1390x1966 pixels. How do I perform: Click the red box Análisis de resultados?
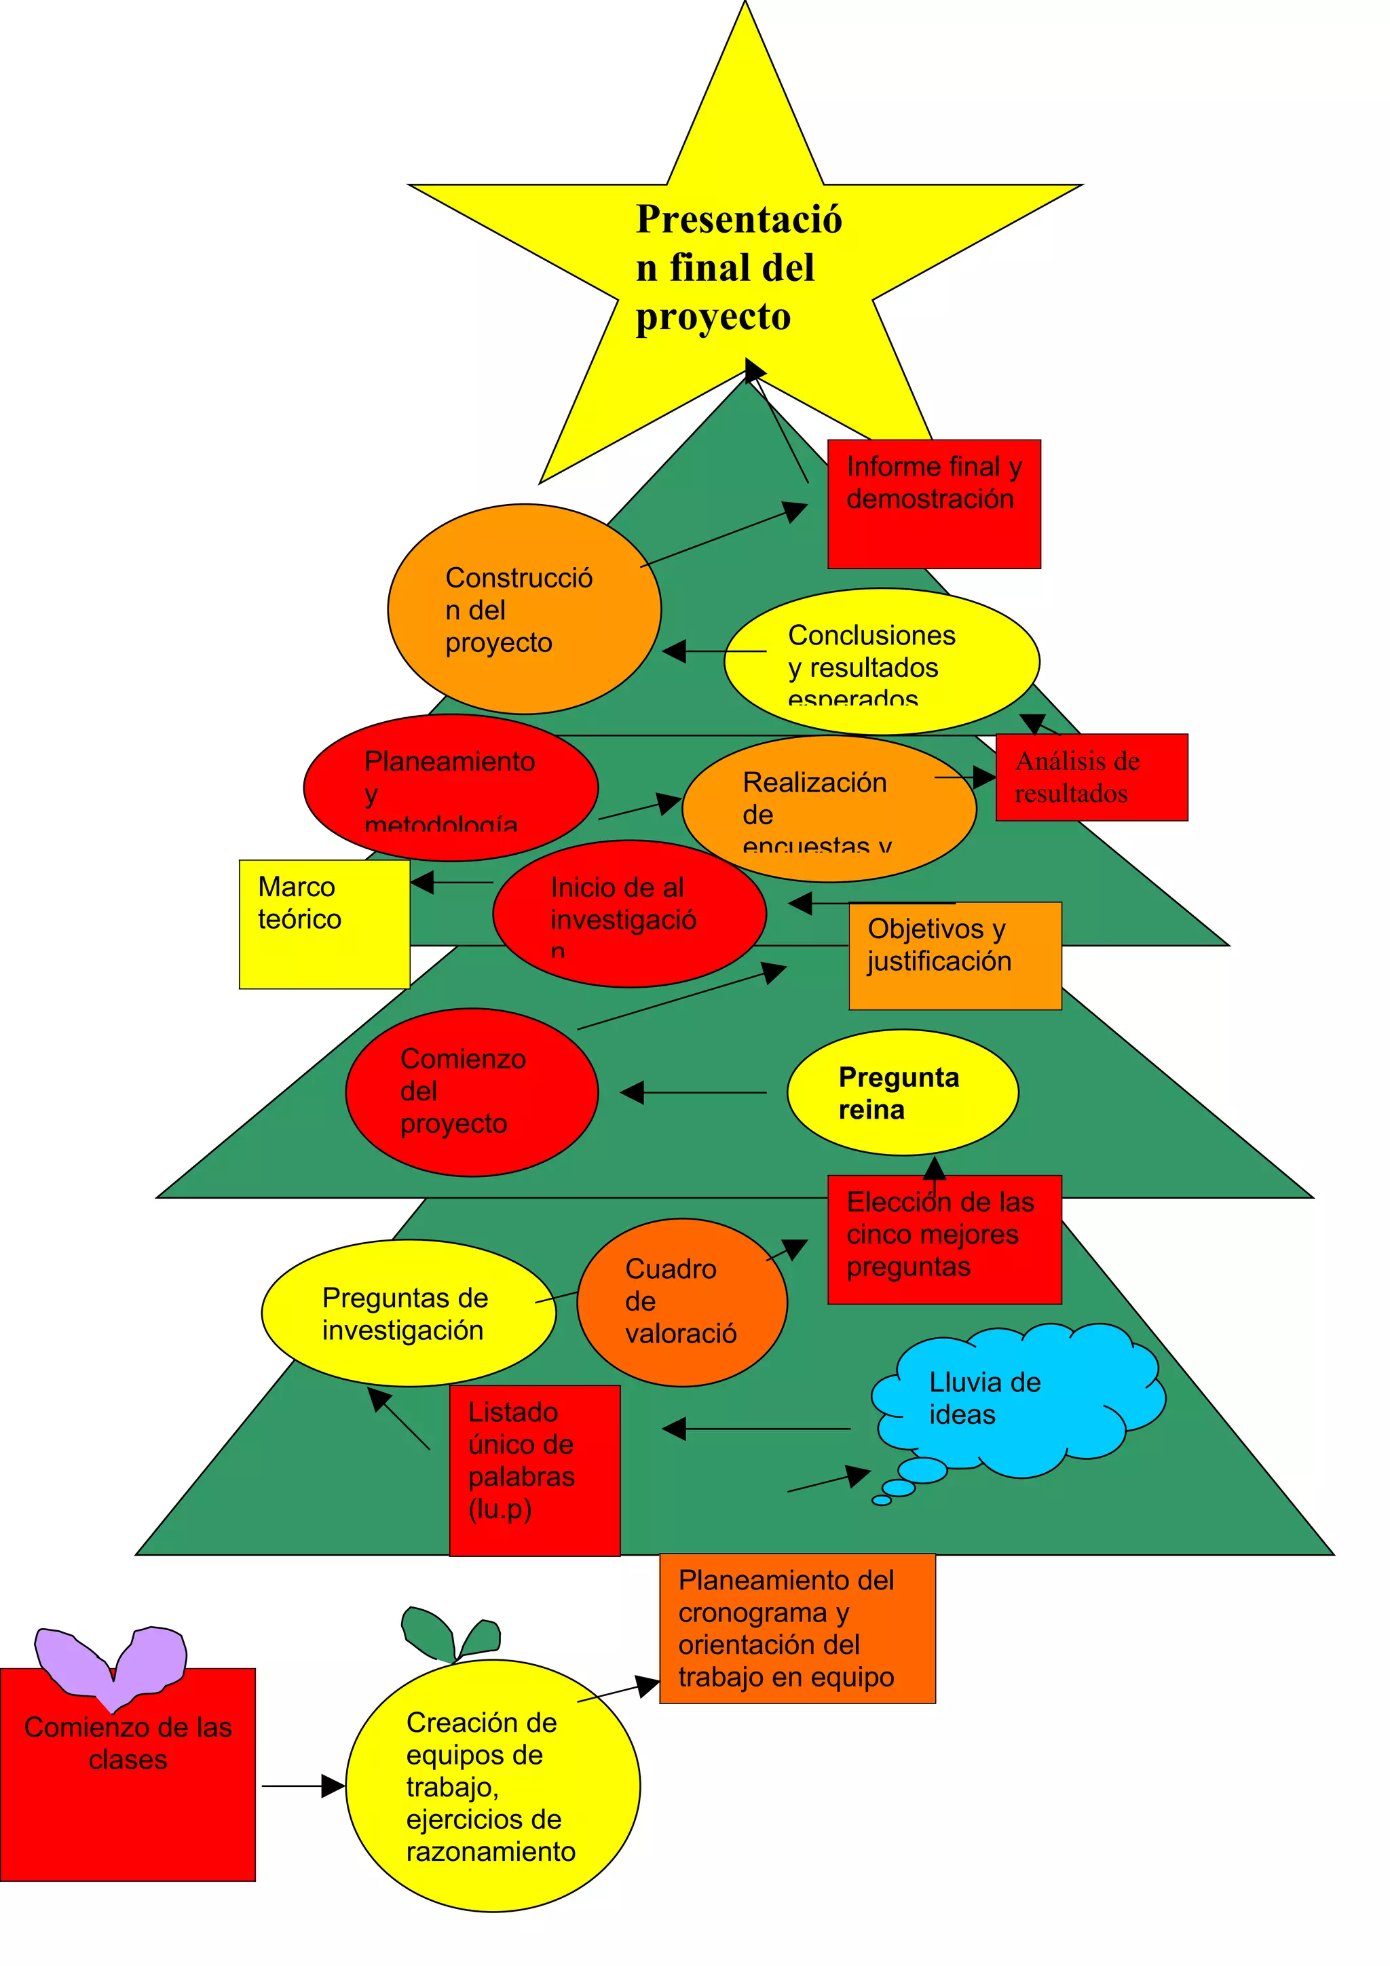tap(1091, 777)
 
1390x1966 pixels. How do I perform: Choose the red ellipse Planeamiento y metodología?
tap(451, 787)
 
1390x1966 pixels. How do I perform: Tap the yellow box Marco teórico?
tap(324, 924)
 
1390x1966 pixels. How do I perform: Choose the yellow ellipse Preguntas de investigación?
tap(408, 1313)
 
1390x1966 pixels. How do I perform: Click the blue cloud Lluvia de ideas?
tap(1011, 1400)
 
